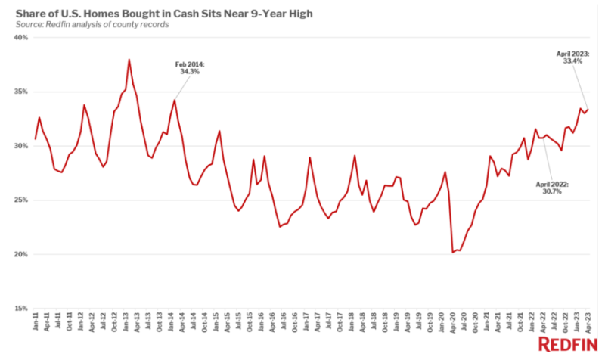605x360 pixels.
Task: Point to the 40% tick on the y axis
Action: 21,38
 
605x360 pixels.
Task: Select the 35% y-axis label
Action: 21,92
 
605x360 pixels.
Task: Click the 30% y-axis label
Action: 21,146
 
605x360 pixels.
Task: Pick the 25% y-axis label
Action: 21,200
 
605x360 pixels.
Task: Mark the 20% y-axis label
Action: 21,255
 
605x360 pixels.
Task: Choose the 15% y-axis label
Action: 21,309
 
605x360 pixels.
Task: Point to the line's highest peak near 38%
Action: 129,59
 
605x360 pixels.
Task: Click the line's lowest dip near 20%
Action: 452,252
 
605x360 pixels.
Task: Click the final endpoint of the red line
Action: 588,109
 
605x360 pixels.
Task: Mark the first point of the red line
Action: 36,139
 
